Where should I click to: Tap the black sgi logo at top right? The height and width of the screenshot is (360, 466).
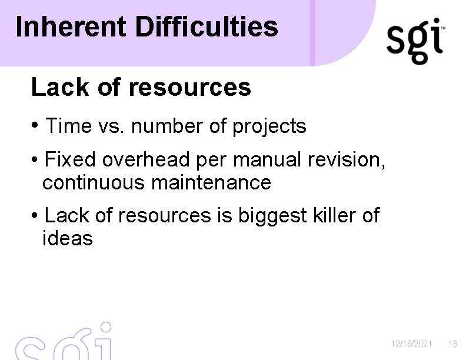[x=415, y=41]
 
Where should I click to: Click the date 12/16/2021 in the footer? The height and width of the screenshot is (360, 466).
[x=412, y=344]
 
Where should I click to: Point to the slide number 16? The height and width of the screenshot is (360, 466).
[x=452, y=344]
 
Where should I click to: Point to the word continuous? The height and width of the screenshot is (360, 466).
[x=94, y=183]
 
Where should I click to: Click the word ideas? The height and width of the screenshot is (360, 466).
[x=67, y=239]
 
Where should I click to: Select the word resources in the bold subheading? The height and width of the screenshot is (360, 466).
[x=189, y=88]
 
